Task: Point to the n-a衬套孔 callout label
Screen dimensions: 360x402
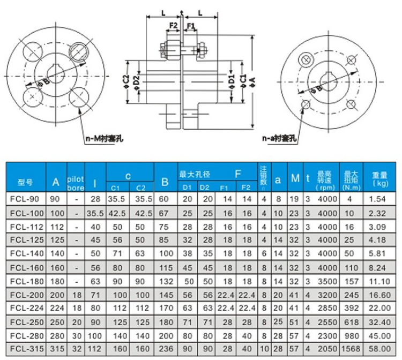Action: tap(278, 138)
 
